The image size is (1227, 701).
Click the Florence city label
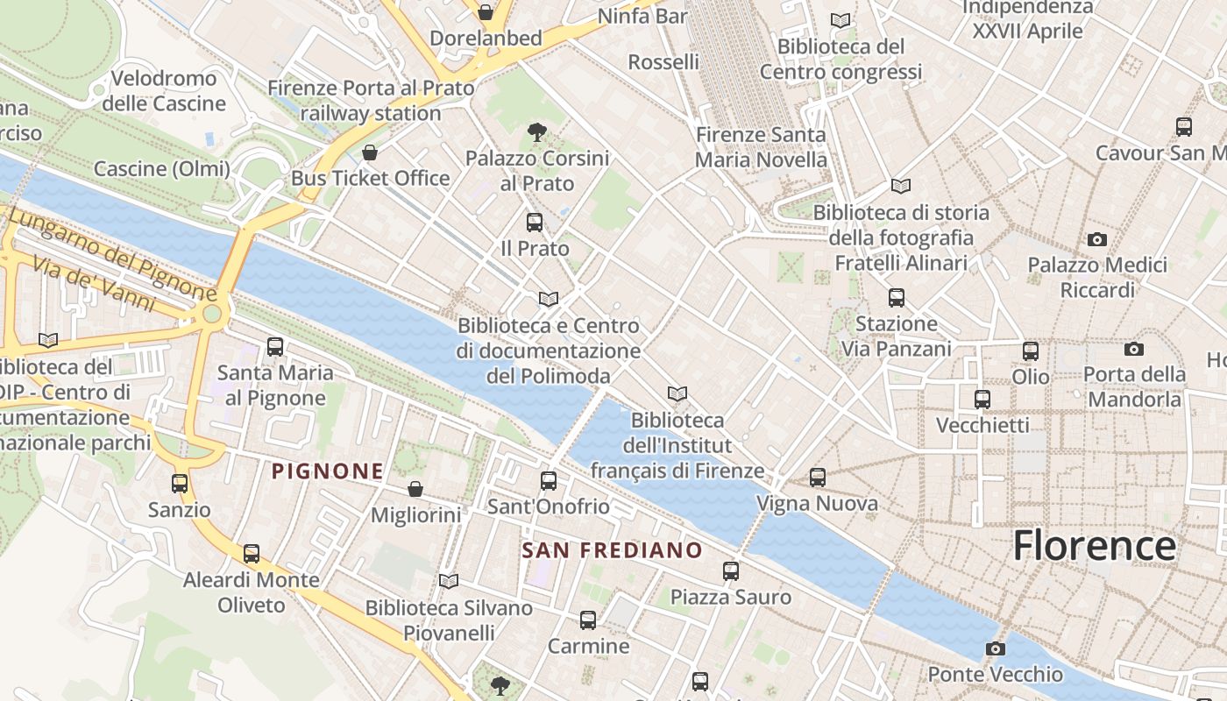click(x=1094, y=545)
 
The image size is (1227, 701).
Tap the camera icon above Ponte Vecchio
click(x=995, y=649)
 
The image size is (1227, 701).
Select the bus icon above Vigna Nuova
click(x=818, y=478)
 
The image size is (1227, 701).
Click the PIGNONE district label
click(x=328, y=471)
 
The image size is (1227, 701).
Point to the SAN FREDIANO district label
click(x=612, y=550)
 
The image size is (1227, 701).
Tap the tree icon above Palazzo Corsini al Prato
click(x=537, y=132)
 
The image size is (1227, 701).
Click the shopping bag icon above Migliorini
click(x=415, y=489)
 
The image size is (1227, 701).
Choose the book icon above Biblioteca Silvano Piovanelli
click(x=449, y=581)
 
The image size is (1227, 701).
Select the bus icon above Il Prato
click(x=535, y=223)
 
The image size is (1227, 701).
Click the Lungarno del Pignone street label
click(x=114, y=253)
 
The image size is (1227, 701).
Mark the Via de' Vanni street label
click(x=94, y=282)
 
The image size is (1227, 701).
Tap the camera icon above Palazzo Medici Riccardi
click(x=1096, y=239)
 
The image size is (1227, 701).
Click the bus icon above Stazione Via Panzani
click(x=896, y=298)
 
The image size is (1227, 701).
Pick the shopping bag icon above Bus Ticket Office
click(x=370, y=152)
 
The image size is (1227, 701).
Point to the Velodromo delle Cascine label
click(x=164, y=91)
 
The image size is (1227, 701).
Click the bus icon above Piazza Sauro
click(x=731, y=571)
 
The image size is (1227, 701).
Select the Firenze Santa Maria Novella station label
click(x=761, y=147)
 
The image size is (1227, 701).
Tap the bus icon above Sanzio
click(x=180, y=484)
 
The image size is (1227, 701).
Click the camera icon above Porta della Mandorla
click(x=1133, y=349)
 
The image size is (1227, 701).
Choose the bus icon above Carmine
click(x=588, y=620)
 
